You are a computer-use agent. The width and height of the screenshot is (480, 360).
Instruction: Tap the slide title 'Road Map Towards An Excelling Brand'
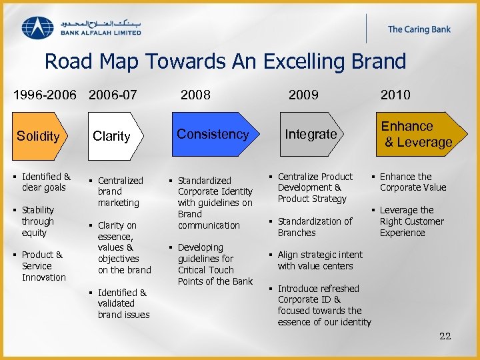225,61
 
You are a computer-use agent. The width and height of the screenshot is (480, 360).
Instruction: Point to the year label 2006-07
113,95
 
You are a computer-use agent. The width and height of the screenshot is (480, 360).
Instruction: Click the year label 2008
195,95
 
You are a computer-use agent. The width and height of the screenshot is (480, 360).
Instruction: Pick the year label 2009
303,95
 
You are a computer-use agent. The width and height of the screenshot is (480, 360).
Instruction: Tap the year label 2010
395,95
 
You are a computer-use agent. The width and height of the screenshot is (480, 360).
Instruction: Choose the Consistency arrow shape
213,134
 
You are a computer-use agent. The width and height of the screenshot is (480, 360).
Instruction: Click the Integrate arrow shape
311,134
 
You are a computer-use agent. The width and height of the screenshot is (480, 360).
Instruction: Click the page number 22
445,336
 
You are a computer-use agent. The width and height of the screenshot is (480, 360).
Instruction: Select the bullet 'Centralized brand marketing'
120,191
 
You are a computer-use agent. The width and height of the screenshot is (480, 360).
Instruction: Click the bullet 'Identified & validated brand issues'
123,303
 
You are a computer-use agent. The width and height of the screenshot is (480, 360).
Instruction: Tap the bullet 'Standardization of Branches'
315,227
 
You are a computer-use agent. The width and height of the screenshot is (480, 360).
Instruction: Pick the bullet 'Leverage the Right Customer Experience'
411,221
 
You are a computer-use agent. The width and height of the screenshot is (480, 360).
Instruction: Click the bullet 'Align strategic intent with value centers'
320,260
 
